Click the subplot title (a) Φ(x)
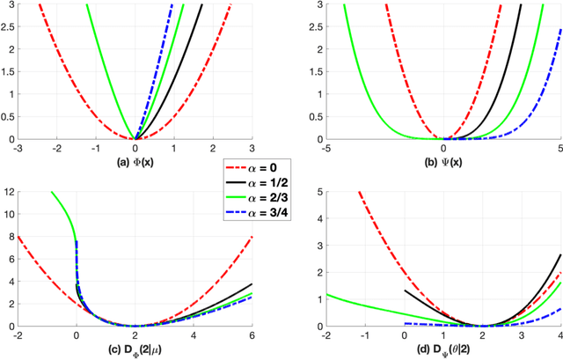[134, 162]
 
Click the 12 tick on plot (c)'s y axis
[8, 191]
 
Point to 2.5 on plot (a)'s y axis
[8, 28]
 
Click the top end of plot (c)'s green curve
[52, 192]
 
